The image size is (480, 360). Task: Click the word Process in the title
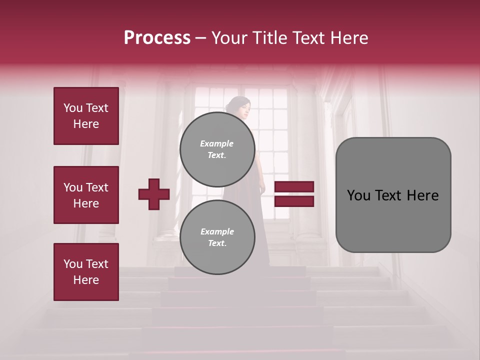click(157, 38)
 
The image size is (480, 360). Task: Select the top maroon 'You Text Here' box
click(86, 116)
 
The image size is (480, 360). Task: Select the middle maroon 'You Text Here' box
click(86, 195)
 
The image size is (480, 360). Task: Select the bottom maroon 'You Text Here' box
click(86, 271)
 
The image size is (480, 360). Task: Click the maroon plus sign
click(154, 194)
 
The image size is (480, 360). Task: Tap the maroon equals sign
click(294, 194)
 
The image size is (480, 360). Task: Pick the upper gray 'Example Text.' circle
click(217, 149)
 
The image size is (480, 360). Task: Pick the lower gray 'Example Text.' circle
click(217, 237)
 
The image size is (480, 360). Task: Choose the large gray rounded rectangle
click(393, 195)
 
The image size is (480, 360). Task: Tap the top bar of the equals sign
click(294, 187)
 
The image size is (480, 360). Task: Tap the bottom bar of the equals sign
click(294, 201)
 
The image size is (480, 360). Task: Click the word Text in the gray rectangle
click(392, 195)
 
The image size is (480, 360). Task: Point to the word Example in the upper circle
click(216, 143)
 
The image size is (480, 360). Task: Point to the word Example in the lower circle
click(217, 231)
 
